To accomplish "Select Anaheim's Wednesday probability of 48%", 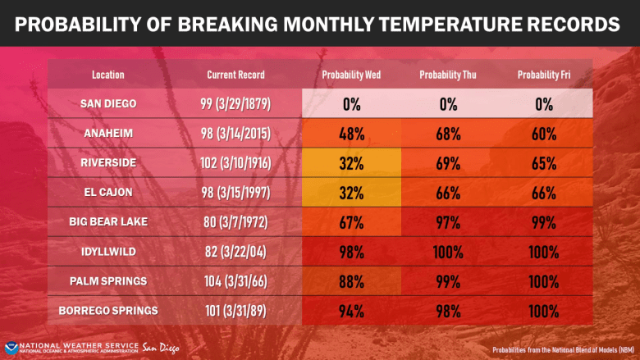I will [351, 134].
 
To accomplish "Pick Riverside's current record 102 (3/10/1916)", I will [236, 163].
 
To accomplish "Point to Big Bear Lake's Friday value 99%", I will [543, 222].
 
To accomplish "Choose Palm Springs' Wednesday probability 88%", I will [351, 281].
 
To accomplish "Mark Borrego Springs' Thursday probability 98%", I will [448, 311].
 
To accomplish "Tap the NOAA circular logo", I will [11, 348].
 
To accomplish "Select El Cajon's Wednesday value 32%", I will [351, 193].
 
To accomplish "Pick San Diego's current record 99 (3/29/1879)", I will [236, 104].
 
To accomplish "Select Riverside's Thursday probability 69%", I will [448, 163].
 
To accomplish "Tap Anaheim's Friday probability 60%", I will [543, 134].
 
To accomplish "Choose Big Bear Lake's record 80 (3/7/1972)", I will [236, 222].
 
